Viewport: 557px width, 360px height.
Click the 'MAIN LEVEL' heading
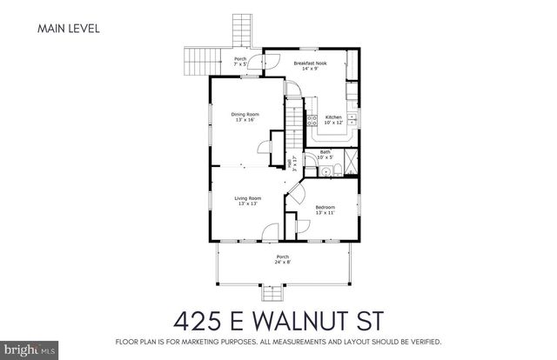pyautogui.click(x=69, y=29)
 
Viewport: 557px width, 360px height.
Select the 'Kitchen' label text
pyautogui.click(x=334, y=119)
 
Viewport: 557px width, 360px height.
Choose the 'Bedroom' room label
pyautogui.click(x=325, y=210)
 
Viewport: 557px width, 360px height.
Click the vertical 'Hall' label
pyautogui.click(x=291, y=161)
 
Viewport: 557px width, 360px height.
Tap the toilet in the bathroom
pyautogui.click(x=324, y=170)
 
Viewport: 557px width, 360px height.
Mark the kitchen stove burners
pyautogui.click(x=352, y=117)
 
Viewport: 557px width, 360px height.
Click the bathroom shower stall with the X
pyautogui.click(x=351, y=161)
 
